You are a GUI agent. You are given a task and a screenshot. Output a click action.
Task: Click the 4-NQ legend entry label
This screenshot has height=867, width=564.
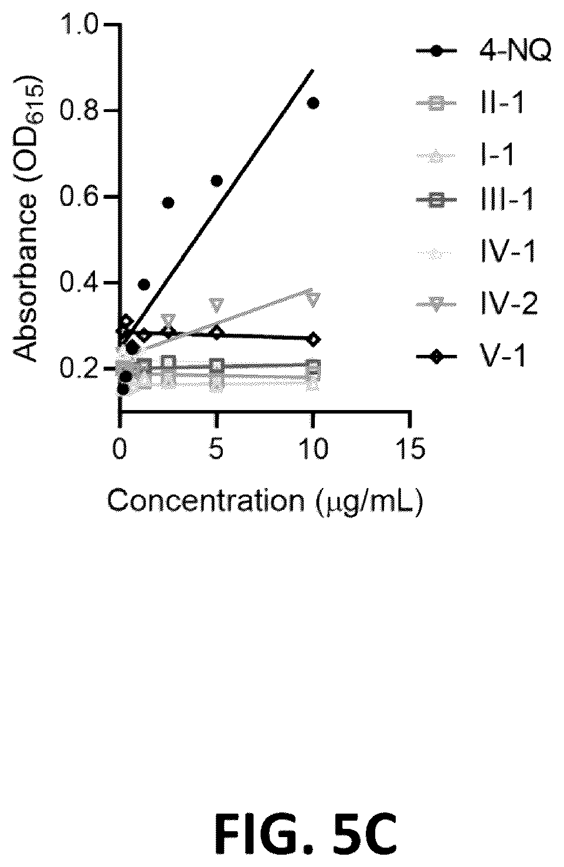pos(515,51)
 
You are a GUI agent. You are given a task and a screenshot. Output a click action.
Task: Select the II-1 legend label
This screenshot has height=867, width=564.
pos(502,103)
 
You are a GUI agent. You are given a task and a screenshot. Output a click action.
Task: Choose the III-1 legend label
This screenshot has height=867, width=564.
pos(507,199)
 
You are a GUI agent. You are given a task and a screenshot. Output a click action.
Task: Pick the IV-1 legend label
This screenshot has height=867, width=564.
pos(508,252)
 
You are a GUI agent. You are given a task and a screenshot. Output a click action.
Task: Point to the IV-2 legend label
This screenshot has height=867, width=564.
pos(509,304)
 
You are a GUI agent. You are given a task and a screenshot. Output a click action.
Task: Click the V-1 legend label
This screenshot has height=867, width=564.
pos(502,356)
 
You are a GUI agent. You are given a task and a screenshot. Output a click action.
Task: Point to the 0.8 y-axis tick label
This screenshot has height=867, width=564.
pos(78,111)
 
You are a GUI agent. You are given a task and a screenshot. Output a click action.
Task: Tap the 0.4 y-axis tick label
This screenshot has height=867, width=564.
pos(78,283)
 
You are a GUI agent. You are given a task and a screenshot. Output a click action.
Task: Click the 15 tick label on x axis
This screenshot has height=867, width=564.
pos(410,449)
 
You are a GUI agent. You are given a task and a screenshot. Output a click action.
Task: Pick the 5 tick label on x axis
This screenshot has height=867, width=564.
pos(216,449)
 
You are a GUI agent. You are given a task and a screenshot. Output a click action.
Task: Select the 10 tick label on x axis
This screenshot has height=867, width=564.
pos(313,449)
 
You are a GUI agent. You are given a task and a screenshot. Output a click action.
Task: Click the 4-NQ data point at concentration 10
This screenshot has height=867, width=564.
pos(313,103)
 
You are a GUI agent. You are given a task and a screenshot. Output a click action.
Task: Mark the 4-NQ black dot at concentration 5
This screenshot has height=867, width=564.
pos(216,181)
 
